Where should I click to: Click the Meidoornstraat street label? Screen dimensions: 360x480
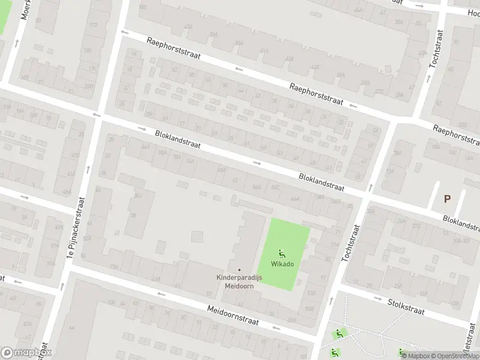[x=233, y=314]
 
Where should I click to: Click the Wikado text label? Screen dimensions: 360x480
[x=282, y=264]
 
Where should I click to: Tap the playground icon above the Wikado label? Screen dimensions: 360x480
[x=282, y=253]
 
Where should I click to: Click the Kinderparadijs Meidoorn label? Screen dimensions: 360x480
[x=239, y=281]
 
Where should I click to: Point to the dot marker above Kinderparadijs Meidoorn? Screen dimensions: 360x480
[x=239, y=269]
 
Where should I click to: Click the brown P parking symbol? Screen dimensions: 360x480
[x=446, y=199]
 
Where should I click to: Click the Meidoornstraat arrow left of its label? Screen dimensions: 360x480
[x=161, y=294]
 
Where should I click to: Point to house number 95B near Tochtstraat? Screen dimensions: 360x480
[x=309, y=308]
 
